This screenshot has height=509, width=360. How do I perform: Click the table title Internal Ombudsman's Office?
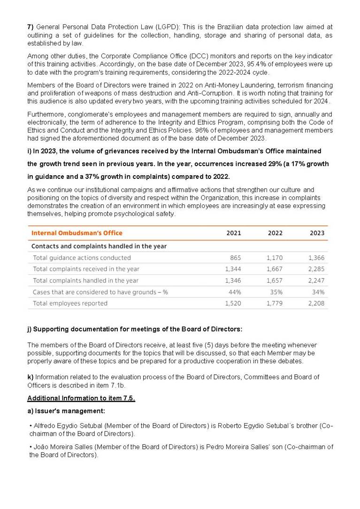(x=77, y=233)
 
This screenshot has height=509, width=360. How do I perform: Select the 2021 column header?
(x=234, y=233)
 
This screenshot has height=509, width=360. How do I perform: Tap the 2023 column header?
(x=317, y=233)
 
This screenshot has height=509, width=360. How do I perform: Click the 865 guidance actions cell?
(x=235, y=258)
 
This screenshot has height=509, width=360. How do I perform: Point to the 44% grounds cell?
(x=235, y=292)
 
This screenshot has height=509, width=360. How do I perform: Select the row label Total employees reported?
(x=70, y=303)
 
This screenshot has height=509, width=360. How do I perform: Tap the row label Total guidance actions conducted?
(x=82, y=258)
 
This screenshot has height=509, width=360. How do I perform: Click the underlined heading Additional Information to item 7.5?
(x=81, y=398)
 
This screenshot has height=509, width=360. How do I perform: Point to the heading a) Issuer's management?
(x=66, y=411)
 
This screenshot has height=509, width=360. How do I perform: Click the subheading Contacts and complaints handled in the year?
(x=99, y=246)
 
